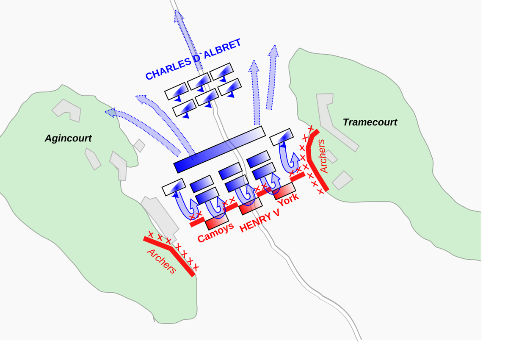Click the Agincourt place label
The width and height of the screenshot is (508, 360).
68,138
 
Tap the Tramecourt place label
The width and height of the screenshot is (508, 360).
370,122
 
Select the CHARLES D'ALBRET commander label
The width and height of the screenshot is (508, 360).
193,59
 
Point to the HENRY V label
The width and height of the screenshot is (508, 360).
260,221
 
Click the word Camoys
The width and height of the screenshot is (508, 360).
215,232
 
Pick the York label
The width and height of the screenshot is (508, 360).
288,199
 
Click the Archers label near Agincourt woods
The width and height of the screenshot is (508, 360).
161,261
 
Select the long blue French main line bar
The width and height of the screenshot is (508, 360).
220,149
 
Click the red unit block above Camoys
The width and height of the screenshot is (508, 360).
217,221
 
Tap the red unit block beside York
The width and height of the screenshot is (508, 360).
284,191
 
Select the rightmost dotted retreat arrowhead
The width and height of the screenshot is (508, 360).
273,51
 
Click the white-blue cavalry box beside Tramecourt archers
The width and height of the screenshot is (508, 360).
282,137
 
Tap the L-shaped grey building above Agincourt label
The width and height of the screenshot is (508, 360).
67,111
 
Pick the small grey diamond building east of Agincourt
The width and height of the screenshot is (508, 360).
139,145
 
